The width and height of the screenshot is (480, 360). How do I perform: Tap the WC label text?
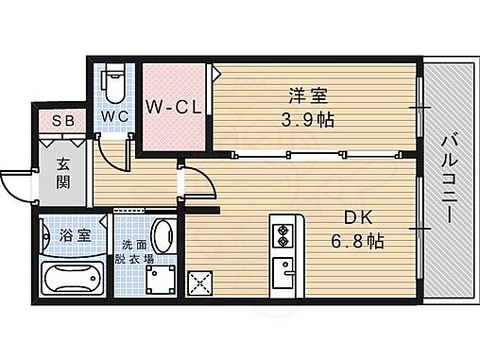click(115, 117)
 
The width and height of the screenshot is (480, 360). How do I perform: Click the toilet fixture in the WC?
click(112, 83)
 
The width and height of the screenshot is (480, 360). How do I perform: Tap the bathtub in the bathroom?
click(74, 280)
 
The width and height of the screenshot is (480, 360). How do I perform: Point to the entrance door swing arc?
click(17, 184)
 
